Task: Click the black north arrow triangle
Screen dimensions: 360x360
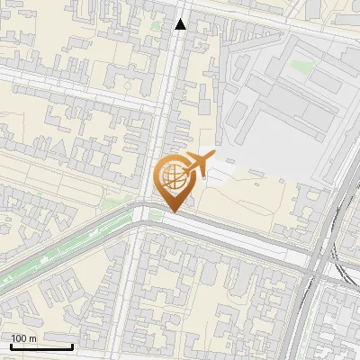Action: (x=181, y=24)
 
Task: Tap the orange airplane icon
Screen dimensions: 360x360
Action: (x=196, y=164)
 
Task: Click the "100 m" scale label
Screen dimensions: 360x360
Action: (x=24, y=338)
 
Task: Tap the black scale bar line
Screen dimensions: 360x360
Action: (x=41, y=346)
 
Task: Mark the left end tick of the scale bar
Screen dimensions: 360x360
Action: (x=11, y=345)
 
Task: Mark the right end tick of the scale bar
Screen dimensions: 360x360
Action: (x=72, y=345)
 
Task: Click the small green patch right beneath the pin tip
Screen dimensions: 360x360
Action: (x=157, y=216)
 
